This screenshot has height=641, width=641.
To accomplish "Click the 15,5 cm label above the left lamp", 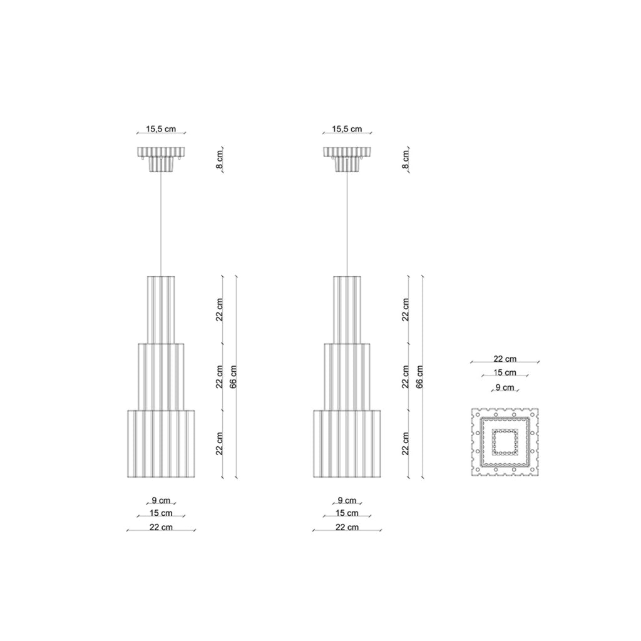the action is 161,129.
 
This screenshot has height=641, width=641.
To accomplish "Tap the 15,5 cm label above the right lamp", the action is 347,129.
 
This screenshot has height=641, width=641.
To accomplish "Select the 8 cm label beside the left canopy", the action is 220,160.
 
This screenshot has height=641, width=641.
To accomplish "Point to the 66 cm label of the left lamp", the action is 233,376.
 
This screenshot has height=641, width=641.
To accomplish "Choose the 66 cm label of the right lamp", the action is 419,376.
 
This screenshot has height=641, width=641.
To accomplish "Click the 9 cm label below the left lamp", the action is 161,500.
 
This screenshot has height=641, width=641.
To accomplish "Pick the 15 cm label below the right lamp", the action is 347,513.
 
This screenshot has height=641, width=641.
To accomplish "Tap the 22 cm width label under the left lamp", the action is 161,527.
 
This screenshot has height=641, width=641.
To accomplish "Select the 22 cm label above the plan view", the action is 505,359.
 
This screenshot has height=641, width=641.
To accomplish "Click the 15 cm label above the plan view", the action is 505,372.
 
